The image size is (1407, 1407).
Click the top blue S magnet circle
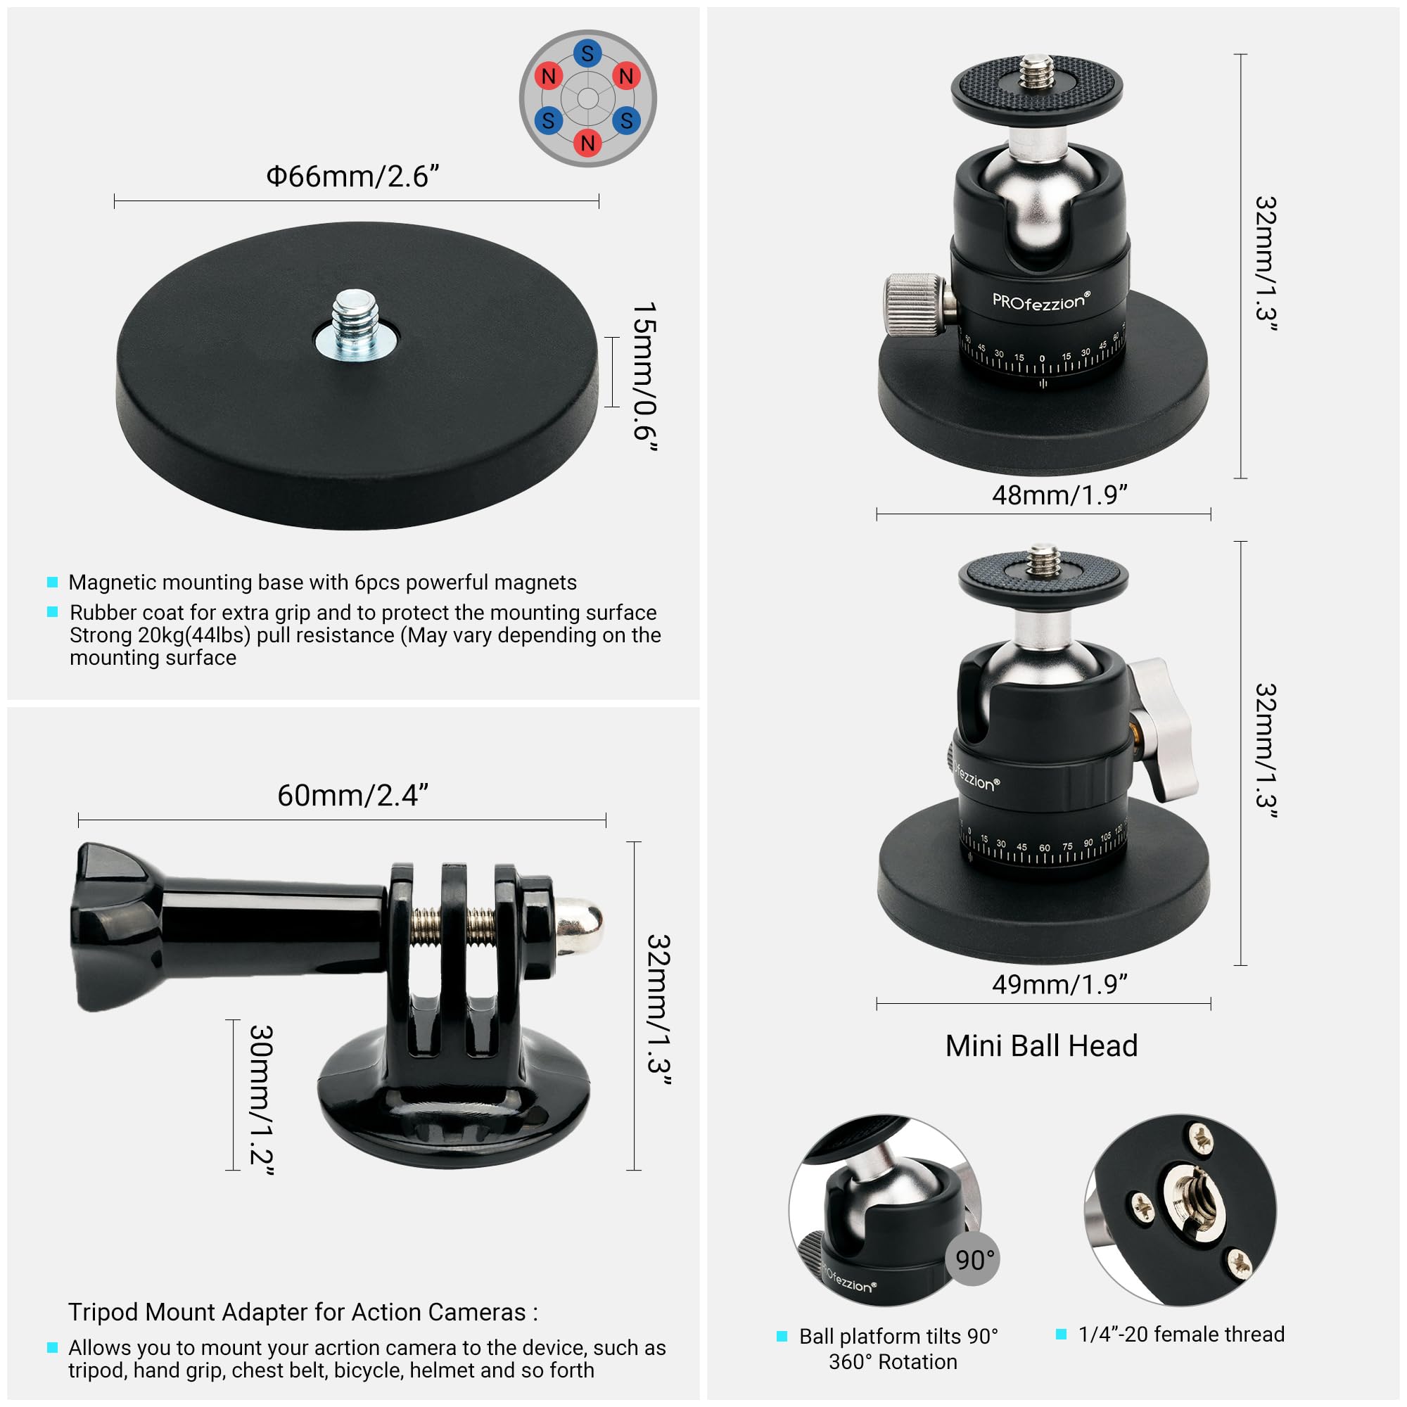pos(587,53)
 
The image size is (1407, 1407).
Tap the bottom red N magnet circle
pos(587,143)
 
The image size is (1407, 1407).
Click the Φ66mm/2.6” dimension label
pos(352,177)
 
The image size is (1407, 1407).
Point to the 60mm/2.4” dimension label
pos(352,795)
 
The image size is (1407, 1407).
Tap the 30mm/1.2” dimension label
pos(262,1100)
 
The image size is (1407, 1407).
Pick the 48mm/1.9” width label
pos(1059,495)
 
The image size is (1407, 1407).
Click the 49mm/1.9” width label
pos(1059,985)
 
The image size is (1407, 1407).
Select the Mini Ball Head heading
pos(1041,1047)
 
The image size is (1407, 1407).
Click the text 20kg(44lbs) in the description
pos(193,635)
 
